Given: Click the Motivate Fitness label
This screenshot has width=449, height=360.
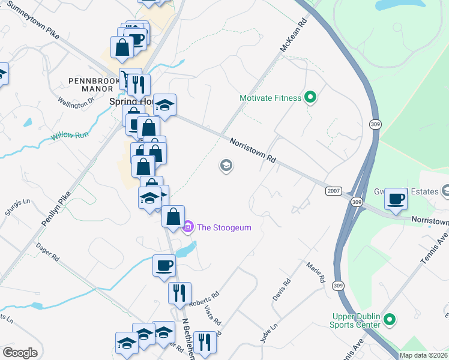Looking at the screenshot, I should [x=270, y=98].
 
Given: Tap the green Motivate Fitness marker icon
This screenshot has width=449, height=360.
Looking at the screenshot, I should [x=310, y=97].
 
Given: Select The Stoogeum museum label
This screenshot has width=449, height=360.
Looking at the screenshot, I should [x=224, y=227].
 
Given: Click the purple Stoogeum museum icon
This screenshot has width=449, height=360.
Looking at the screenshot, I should [x=188, y=227].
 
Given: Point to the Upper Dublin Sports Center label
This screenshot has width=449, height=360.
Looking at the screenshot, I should [x=355, y=320].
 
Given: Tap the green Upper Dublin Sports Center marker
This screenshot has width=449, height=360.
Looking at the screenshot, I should [x=390, y=320].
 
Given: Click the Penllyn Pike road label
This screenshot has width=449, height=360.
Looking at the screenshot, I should [x=57, y=208].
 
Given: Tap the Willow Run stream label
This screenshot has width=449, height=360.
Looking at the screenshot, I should [x=70, y=136].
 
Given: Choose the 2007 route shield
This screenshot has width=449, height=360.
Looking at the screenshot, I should [x=334, y=191].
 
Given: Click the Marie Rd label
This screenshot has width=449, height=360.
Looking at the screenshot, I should [x=315, y=272].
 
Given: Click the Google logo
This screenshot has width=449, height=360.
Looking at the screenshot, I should [x=20, y=353].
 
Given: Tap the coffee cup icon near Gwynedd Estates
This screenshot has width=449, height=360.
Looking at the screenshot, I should [x=396, y=199].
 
